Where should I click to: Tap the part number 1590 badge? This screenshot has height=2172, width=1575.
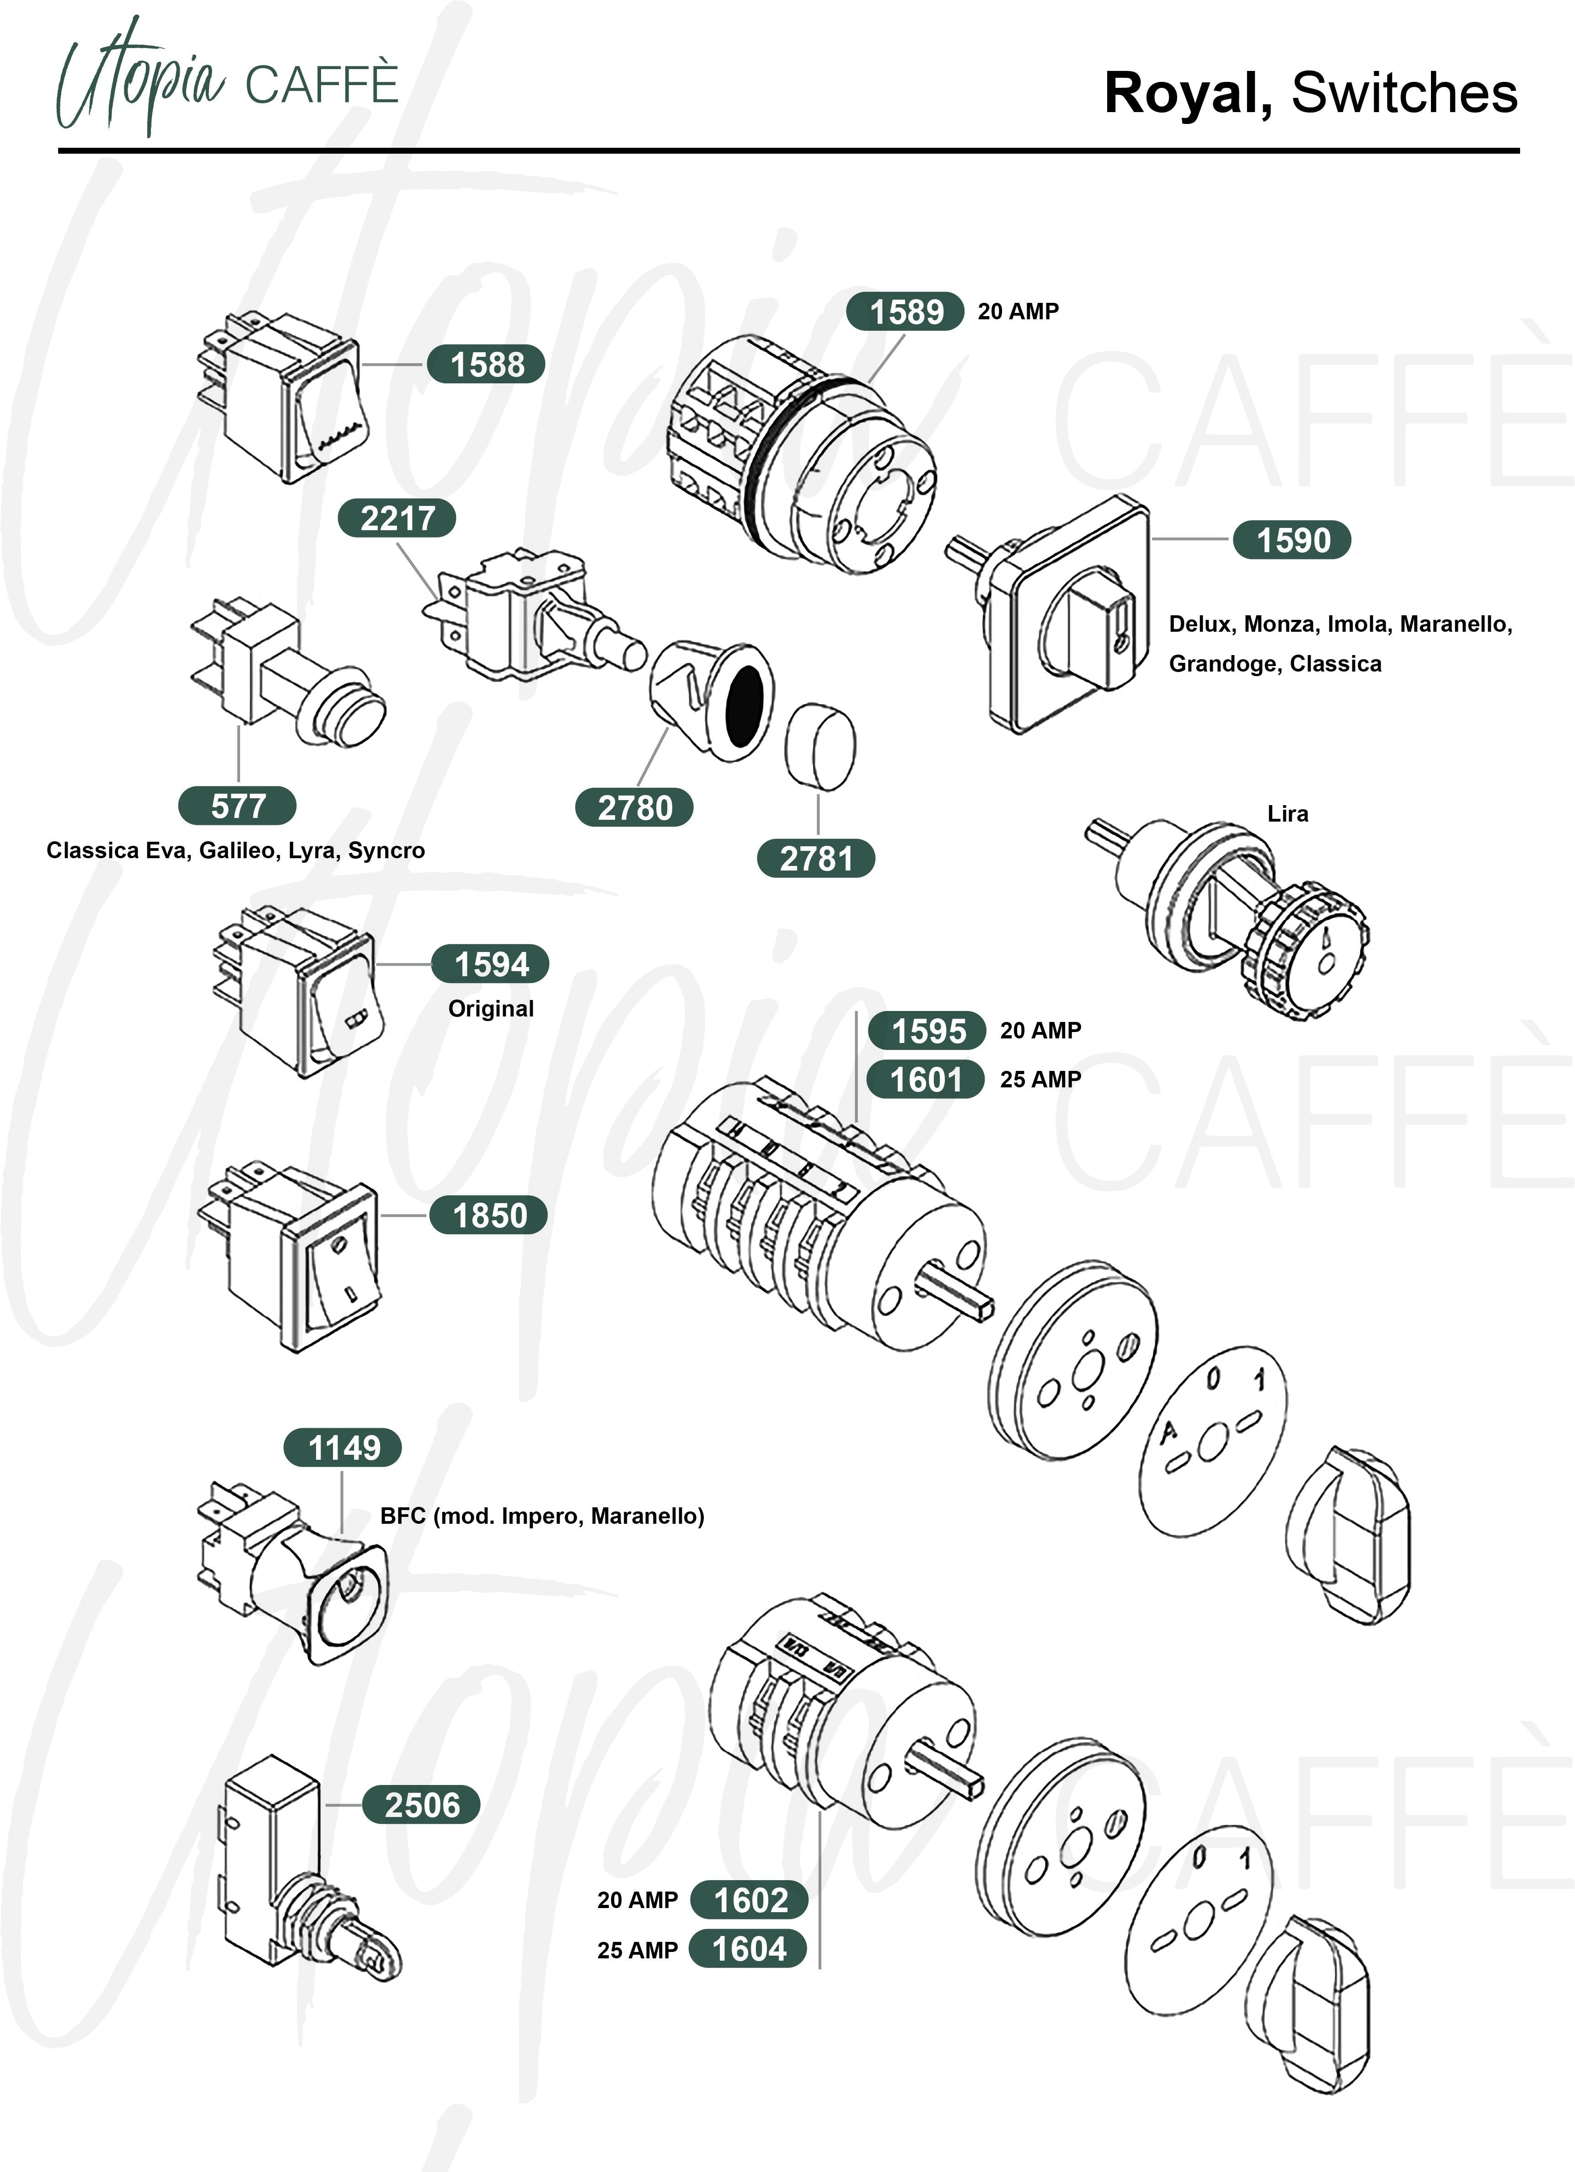click(1291, 540)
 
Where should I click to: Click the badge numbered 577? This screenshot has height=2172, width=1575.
click(237, 806)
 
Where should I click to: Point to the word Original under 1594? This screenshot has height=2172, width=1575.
click(491, 1008)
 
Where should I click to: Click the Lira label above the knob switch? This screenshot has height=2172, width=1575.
click(1288, 814)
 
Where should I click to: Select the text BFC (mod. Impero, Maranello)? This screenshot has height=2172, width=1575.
click(542, 1516)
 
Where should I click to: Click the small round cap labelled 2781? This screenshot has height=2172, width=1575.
click(820, 747)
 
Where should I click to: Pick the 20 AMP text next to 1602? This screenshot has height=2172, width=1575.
click(637, 1900)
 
